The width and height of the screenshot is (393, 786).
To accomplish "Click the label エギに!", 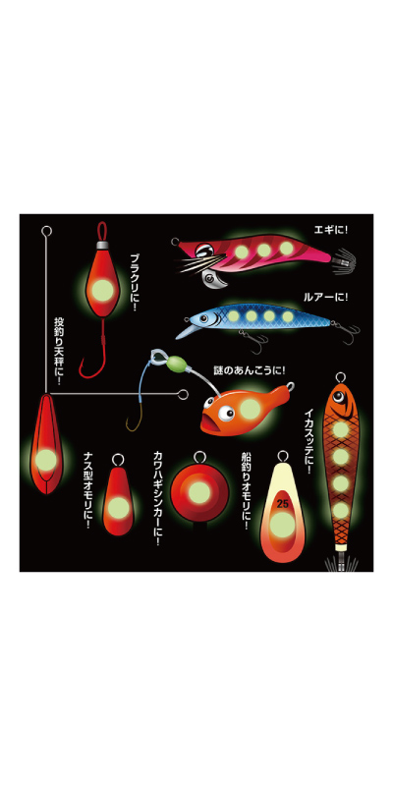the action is point(330,230).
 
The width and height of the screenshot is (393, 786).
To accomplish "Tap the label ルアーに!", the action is point(325,298).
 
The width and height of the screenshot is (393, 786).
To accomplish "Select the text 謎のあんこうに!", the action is point(250,371).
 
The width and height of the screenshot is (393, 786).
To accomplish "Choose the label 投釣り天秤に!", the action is point(59,351).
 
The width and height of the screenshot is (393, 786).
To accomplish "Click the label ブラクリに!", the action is point(134,282).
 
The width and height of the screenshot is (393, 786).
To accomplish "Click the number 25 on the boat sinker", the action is point(282,504).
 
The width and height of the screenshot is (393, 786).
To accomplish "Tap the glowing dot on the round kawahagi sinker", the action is point(199,494).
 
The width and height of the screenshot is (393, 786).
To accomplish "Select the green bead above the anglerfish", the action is point(177,364).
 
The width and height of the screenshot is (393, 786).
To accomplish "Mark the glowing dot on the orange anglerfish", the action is point(250,410).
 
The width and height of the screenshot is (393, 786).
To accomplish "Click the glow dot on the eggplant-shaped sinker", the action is point(118,508).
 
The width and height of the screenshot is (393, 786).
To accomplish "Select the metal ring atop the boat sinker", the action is point(282,457).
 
